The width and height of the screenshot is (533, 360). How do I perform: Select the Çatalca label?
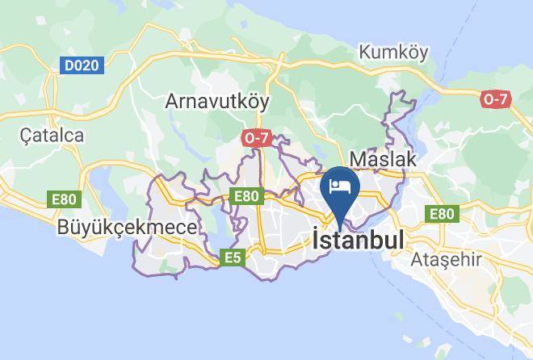click(x=53, y=135)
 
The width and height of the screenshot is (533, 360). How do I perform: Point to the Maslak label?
click(x=383, y=159)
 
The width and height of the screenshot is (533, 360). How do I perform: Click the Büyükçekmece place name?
click(x=127, y=228)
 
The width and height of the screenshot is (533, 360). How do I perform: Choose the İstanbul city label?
click(x=358, y=241)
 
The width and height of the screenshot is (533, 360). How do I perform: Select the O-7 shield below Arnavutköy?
click(x=256, y=139)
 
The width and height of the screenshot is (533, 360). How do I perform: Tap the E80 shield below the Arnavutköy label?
click(x=246, y=196)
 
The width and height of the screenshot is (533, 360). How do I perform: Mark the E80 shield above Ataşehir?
click(x=442, y=214)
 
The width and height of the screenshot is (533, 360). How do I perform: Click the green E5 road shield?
click(x=233, y=258)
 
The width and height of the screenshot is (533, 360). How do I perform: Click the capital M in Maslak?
click(x=356, y=159)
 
